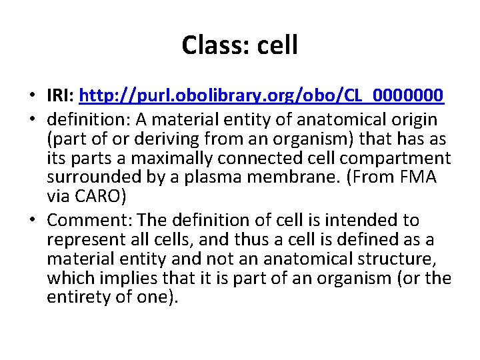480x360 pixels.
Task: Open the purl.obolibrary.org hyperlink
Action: click(261, 97)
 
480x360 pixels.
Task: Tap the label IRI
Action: click(59, 97)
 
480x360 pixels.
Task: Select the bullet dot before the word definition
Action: click(32, 121)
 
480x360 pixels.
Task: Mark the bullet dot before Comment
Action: click(32, 221)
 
